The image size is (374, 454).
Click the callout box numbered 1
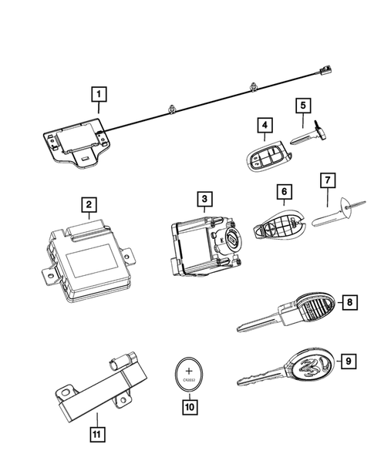99,96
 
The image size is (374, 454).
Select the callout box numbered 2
89,204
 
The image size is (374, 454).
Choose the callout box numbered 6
284,190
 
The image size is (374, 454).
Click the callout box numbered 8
351,302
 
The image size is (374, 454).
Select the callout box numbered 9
349,359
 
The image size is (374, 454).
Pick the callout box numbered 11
96,420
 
